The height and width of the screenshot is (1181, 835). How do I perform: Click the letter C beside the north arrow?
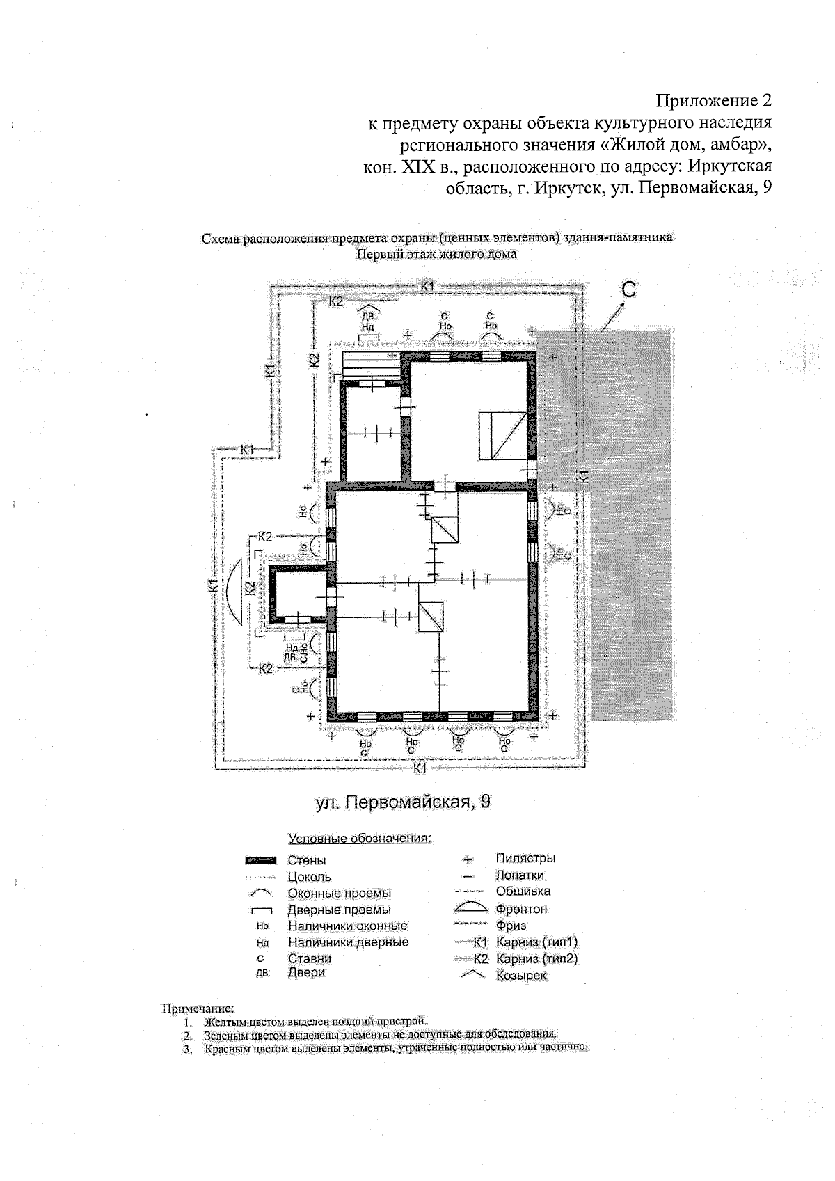tap(628, 290)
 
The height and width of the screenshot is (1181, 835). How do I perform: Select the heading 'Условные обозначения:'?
tap(360, 838)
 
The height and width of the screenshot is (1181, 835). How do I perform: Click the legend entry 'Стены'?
tap(306, 861)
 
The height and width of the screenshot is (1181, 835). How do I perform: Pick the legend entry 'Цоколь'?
tap(309, 877)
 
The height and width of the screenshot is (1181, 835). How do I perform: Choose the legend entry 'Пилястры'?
tap(525, 859)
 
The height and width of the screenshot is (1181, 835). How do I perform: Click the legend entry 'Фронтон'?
tap(521, 909)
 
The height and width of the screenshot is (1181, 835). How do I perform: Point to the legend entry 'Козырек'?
tap(521, 976)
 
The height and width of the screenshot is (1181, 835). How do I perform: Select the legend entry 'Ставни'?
tap(309, 958)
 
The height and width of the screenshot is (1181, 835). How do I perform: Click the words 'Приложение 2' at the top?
tap(715, 101)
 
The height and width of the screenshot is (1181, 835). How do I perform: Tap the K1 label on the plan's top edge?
tap(427, 286)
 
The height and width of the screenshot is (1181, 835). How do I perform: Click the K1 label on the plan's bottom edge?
tap(420, 768)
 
